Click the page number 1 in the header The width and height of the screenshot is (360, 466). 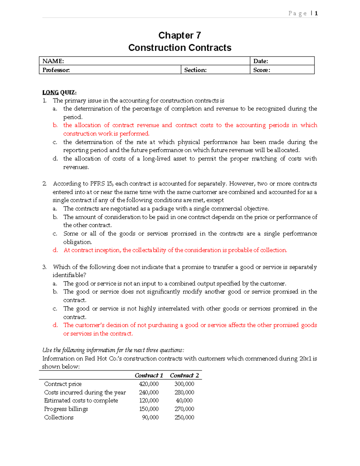click(x=316, y=13)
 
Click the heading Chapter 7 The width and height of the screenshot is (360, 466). click(x=179, y=35)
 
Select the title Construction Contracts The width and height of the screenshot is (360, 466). click(x=179, y=48)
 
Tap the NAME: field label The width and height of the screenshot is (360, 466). click(x=53, y=61)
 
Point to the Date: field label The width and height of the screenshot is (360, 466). click(x=260, y=61)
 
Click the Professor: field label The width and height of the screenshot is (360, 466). click(x=56, y=70)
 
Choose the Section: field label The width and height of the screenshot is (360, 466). click(x=195, y=70)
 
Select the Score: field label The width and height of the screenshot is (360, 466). click(x=262, y=70)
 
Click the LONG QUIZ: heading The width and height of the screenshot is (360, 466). click(x=59, y=92)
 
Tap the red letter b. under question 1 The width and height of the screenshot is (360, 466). click(x=55, y=125)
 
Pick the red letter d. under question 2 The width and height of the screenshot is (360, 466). click(x=55, y=250)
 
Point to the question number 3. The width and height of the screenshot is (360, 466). click(x=44, y=267)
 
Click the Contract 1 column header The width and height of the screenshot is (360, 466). click(x=149, y=375)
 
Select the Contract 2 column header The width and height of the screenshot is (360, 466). click(x=184, y=375)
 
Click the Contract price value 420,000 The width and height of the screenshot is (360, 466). click(x=149, y=384)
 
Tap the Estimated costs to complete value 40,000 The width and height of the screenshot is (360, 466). click(x=184, y=401)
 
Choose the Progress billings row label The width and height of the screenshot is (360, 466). click(x=66, y=409)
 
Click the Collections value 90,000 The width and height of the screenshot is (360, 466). click(x=150, y=417)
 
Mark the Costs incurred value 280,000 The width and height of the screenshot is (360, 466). click(x=184, y=392)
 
